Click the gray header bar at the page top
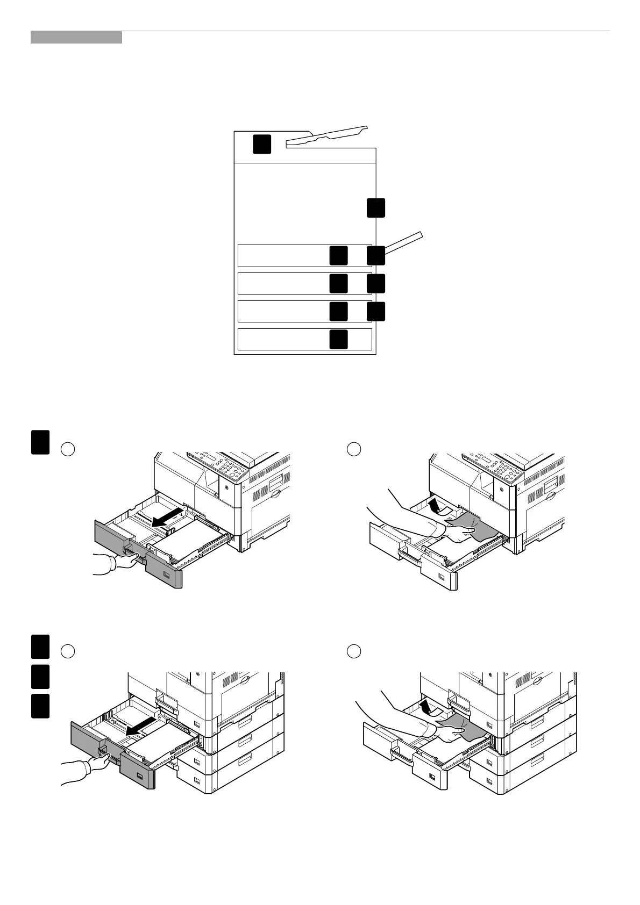(76, 37)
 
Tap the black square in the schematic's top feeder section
(262, 144)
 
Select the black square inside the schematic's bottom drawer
(338, 339)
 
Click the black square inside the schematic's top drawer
(338, 255)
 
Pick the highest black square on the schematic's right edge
(376, 207)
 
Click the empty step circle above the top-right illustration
(353, 449)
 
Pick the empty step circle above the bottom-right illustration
(353, 651)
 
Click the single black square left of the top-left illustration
(40, 442)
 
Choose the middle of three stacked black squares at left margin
(40, 676)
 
